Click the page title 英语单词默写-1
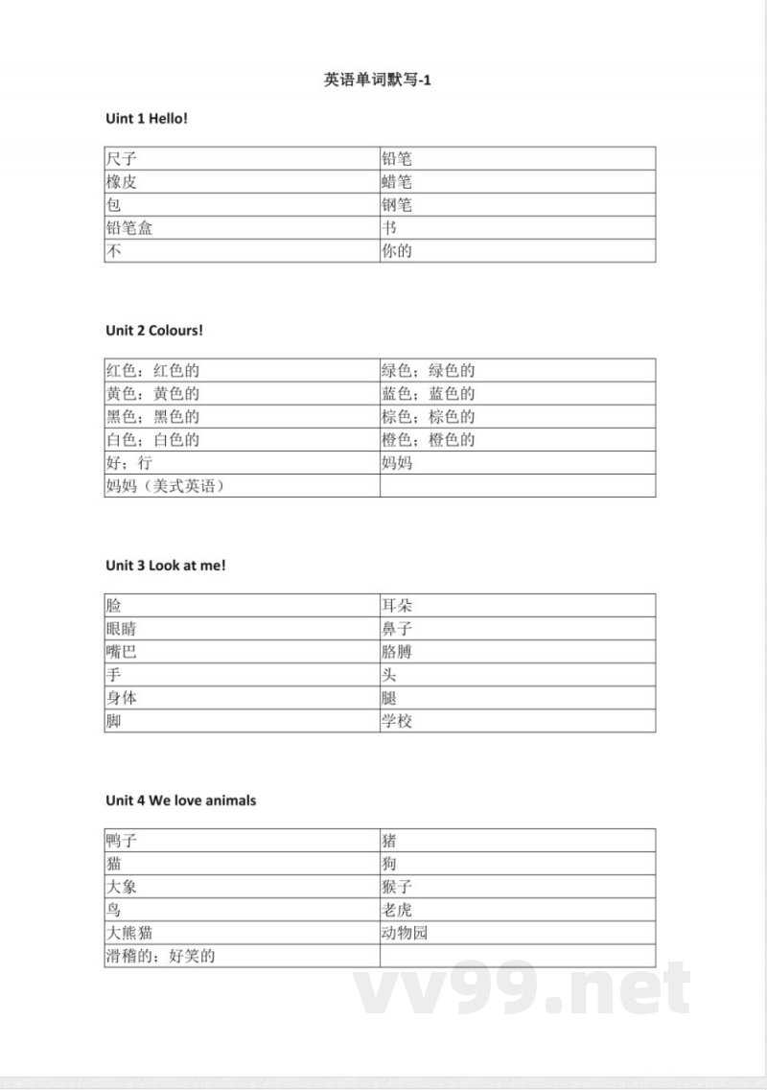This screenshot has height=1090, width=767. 379,81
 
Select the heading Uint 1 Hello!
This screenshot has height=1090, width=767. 147,118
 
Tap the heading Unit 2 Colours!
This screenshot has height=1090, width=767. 154,331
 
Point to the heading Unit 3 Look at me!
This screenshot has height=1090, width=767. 166,566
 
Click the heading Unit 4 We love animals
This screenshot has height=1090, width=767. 181,800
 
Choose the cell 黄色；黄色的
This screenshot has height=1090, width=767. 153,394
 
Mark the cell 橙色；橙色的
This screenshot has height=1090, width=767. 429,440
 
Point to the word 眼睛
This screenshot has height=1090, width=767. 122,629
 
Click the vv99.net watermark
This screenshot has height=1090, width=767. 522,989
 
